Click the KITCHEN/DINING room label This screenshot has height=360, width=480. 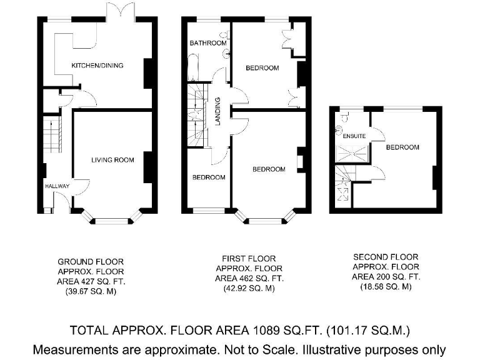tap(97, 66)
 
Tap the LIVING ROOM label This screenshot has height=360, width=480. tap(112, 160)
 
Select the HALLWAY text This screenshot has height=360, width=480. tap(57, 186)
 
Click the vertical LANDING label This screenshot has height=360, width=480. tap(218, 111)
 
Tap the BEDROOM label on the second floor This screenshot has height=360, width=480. tap(402, 147)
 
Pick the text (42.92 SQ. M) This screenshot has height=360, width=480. tap(249, 289)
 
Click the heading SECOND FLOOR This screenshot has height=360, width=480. tap(386, 257)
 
